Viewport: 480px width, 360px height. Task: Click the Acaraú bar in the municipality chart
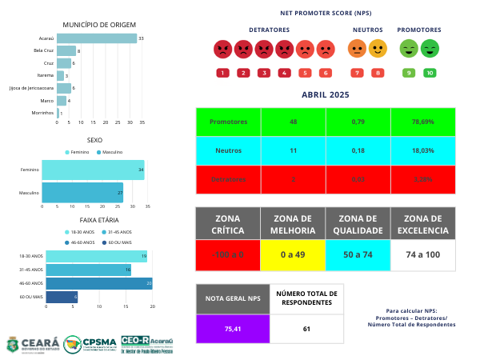(x=97, y=38)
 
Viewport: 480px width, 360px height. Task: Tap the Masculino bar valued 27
(x=82, y=193)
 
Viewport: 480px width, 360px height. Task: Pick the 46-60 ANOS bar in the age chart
(x=98, y=283)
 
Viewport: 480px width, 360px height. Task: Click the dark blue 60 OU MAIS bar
(x=62, y=297)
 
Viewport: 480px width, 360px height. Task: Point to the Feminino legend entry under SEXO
(x=78, y=151)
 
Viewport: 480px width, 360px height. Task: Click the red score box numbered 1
(x=222, y=73)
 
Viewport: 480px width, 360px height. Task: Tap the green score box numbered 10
(x=430, y=73)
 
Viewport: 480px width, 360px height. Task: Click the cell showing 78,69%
(x=424, y=122)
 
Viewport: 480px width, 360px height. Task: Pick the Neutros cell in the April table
(x=228, y=150)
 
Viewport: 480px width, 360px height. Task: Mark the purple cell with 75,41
(x=232, y=329)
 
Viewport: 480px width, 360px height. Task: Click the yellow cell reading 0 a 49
(x=293, y=254)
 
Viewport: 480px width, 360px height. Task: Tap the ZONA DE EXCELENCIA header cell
(x=423, y=225)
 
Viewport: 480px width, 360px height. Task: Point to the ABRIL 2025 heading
(x=326, y=94)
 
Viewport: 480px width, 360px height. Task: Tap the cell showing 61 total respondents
(x=306, y=329)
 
